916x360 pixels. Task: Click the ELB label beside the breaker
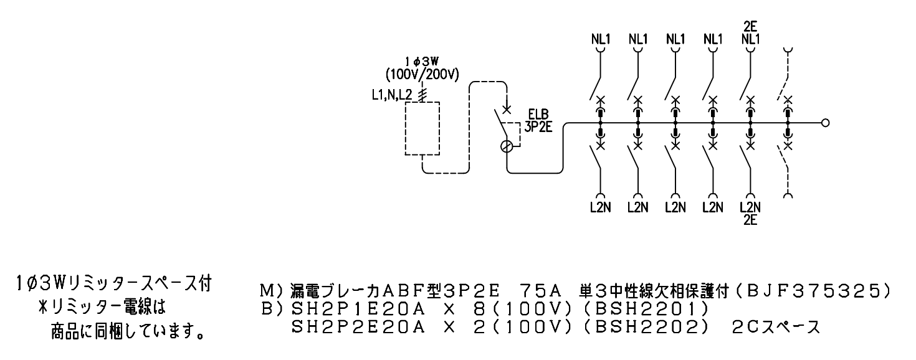pos(538,115)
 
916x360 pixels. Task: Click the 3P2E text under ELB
pos(538,127)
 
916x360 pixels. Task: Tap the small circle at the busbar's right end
pos(825,123)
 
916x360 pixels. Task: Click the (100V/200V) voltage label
pos(422,75)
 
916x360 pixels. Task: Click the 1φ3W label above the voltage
pos(422,62)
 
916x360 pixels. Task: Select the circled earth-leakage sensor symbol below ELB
pos(507,146)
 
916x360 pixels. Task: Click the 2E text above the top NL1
pos(750,27)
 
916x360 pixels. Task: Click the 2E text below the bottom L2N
pos(750,220)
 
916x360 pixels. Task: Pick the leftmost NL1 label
pos(601,39)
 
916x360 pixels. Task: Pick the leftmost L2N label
pos(600,207)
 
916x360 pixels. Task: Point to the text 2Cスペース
pos(775,328)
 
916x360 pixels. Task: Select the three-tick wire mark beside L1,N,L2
pos(422,95)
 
